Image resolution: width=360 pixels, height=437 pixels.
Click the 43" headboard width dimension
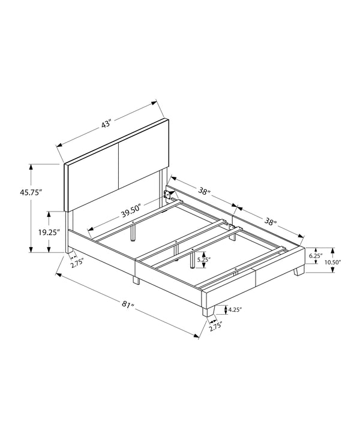(x=106, y=124)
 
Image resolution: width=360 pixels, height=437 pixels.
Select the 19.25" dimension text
(x=49, y=232)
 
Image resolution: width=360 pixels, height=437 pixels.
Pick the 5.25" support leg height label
(x=204, y=260)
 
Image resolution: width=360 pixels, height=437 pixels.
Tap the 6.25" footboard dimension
(x=316, y=255)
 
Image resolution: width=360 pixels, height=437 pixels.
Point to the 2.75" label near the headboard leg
(x=77, y=263)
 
